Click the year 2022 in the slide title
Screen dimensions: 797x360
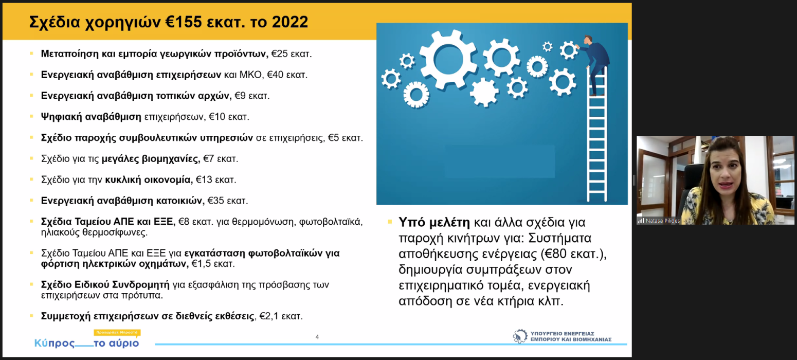(290, 22)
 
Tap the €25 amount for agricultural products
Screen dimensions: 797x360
(279, 53)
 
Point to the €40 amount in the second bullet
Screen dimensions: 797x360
(275, 75)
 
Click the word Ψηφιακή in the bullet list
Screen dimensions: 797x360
(62, 117)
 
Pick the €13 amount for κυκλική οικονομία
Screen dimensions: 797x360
(204, 179)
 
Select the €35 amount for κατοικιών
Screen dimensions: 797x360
(215, 201)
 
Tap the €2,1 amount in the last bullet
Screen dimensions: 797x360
(269, 316)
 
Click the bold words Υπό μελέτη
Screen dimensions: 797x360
(434, 222)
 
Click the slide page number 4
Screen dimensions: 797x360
(317, 337)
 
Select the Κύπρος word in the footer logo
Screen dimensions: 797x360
(55, 343)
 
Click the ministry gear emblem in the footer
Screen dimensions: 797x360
(520, 336)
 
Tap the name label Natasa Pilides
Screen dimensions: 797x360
(662, 221)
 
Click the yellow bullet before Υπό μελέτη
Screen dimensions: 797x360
(390, 222)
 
